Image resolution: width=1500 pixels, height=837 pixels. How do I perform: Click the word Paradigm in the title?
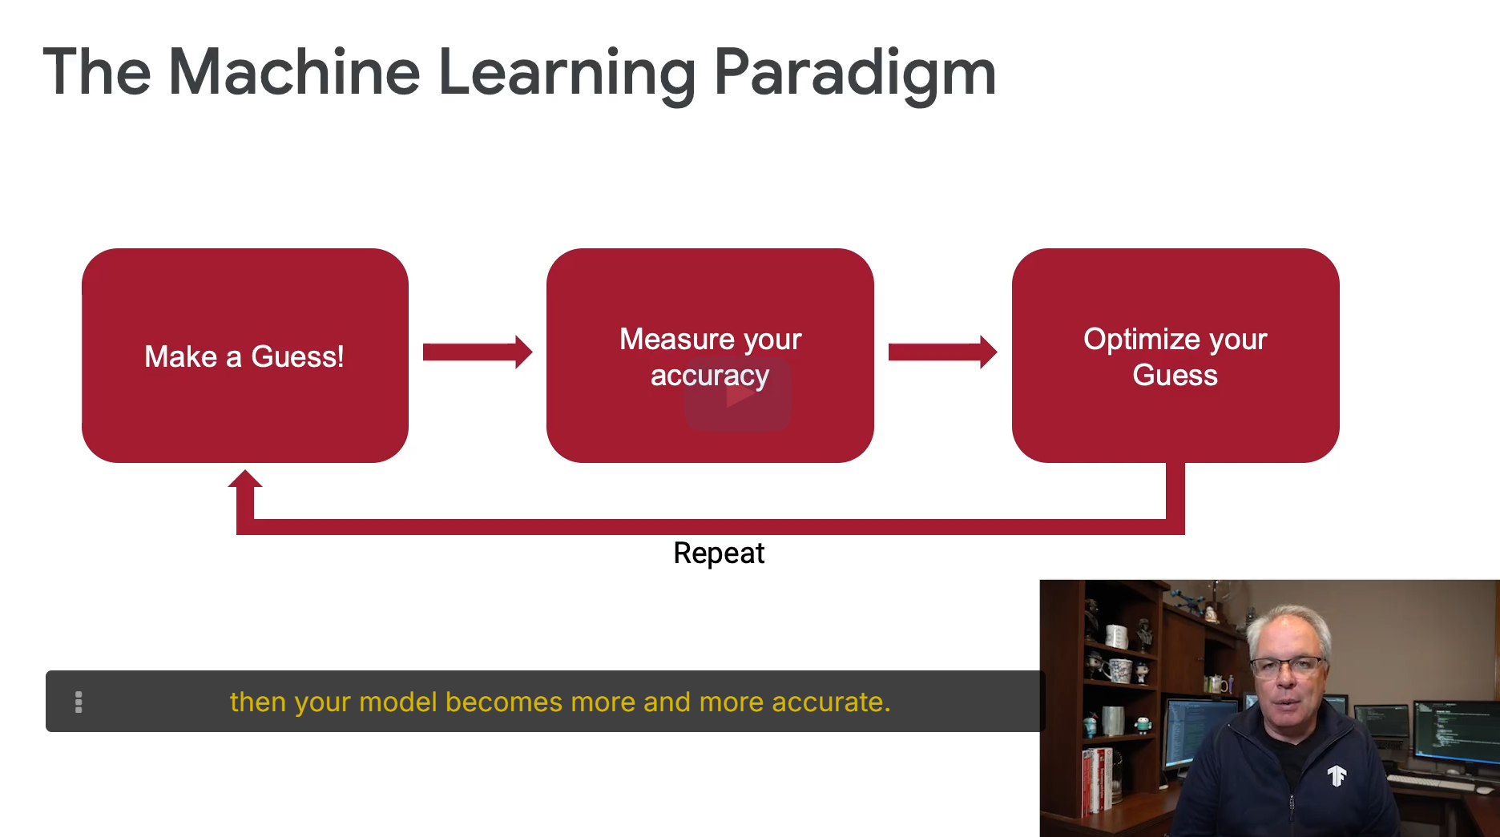coord(855,74)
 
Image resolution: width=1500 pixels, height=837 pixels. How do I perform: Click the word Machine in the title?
coord(294,72)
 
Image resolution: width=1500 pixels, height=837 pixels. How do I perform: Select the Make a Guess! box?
coord(245,356)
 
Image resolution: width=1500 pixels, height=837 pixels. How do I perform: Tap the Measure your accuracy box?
coord(710,356)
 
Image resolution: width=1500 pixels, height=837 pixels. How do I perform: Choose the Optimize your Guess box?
coord(1175,356)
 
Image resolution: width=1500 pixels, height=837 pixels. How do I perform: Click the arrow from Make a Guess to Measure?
coord(478,352)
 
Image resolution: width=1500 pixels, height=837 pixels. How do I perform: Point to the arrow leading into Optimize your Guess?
coord(943,352)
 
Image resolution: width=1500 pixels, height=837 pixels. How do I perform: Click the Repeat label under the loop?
coord(719,553)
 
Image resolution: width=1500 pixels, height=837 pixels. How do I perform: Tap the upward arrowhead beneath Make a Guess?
coord(245,479)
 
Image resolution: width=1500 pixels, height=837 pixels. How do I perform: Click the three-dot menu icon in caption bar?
coord(79,702)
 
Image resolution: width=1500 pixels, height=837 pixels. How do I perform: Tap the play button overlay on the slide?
coord(737,395)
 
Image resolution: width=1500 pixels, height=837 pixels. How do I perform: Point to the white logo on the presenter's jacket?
coord(1337,775)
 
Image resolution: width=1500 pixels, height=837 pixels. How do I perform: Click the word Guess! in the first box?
coord(297,356)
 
